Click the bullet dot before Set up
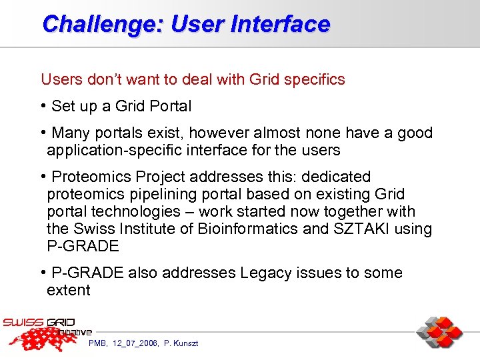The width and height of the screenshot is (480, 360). coord(43,106)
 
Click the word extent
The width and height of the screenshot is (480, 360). coord(68,291)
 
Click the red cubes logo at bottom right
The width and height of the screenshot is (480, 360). coord(439,333)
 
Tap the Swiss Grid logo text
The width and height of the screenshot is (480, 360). coord(40,323)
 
